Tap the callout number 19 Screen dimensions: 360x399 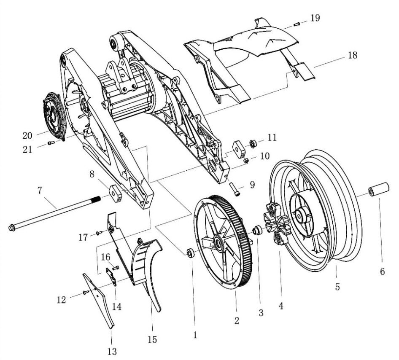pos(315,18)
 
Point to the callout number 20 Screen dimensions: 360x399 pos(27,135)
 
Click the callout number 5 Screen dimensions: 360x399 pos(337,287)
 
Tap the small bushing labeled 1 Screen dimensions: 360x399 pos(191,253)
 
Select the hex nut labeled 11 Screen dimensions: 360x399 pos(253,144)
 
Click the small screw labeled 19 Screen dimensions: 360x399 pos(297,24)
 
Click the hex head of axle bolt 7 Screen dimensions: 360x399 pos(11,228)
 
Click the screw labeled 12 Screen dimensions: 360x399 pos(86,292)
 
